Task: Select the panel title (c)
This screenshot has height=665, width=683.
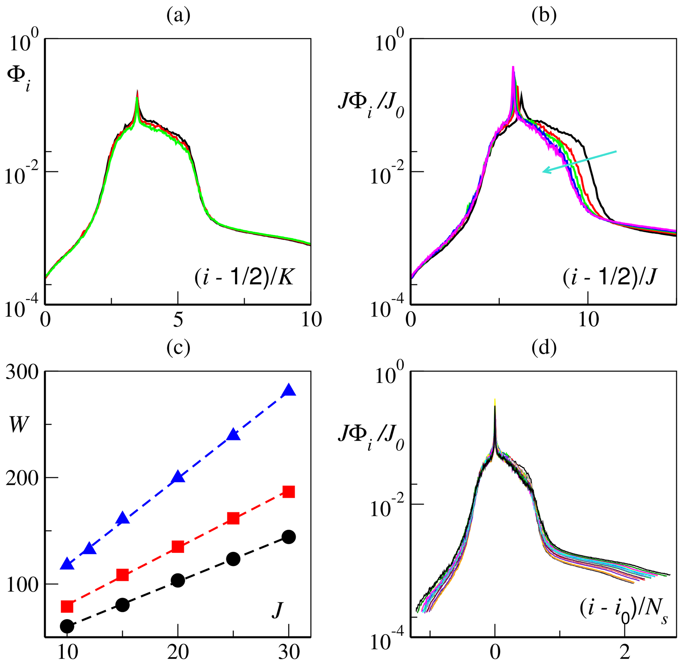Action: click(178, 348)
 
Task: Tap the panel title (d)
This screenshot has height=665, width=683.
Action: click(544, 348)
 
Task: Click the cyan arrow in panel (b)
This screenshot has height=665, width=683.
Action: click(580, 161)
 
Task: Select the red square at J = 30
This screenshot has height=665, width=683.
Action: click(289, 492)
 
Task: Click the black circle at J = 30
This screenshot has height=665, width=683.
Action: click(289, 537)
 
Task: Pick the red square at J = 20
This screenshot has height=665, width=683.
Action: click(178, 547)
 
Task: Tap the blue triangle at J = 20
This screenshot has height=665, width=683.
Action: click(178, 477)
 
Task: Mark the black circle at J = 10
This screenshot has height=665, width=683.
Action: click(67, 627)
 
